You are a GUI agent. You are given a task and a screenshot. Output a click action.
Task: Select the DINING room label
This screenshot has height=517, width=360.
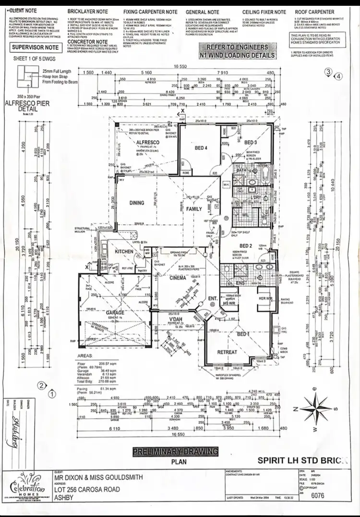pyautogui.click(x=137, y=203)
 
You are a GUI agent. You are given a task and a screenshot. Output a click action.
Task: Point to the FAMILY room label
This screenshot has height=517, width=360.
pyautogui.click(x=194, y=209)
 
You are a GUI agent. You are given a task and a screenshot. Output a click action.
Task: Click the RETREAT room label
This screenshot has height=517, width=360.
pyautogui.click(x=227, y=352)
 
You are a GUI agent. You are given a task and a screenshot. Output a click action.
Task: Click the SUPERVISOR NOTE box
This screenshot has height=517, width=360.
pyautogui.click(x=35, y=47)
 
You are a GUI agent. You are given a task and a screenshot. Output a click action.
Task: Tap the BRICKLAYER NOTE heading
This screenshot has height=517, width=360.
pyautogui.click(x=87, y=11)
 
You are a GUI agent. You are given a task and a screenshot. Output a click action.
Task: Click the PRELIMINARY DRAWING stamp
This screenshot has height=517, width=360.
pyautogui.click(x=175, y=451)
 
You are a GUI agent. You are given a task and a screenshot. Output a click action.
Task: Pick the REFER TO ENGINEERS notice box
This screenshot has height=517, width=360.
pyautogui.click(x=238, y=51)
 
